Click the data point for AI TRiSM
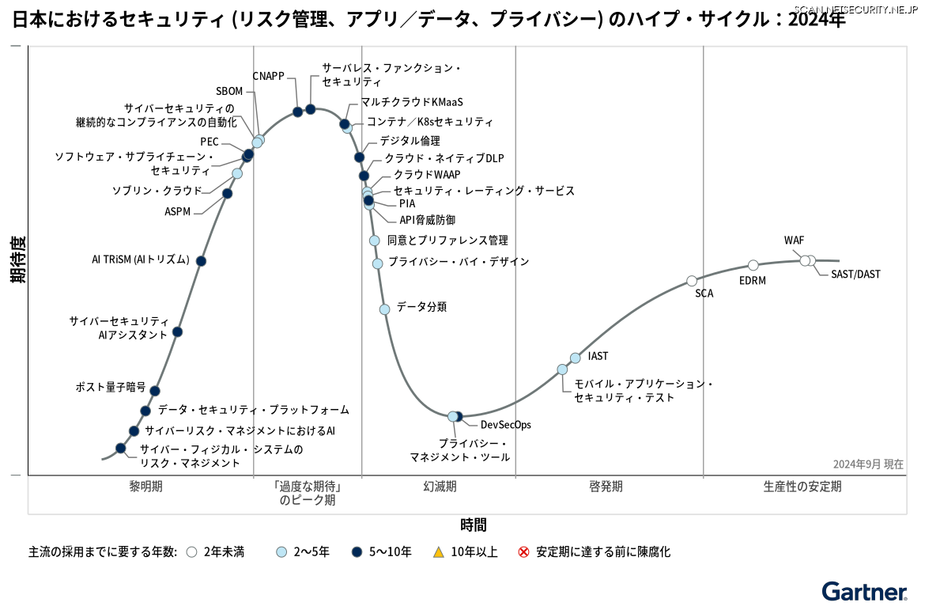pos(201,261)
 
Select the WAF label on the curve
pos(794,241)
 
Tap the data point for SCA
pos(692,281)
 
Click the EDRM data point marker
pos(753,265)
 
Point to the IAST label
pos(598,357)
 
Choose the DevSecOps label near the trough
pos(505,425)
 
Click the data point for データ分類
pos(384,309)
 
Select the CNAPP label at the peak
pos(268,76)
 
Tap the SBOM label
pos(229,91)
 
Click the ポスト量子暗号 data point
pos(155,391)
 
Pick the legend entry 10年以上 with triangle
pos(466,551)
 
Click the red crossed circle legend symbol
pos(523,551)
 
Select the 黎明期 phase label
pos(145,487)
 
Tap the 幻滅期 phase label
pos(440,487)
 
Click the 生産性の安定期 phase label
pos(802,487)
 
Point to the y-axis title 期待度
pos(17,259)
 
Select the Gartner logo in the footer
pos(863,592)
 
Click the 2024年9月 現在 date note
pos(867,464)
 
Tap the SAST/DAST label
pos(855,275)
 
